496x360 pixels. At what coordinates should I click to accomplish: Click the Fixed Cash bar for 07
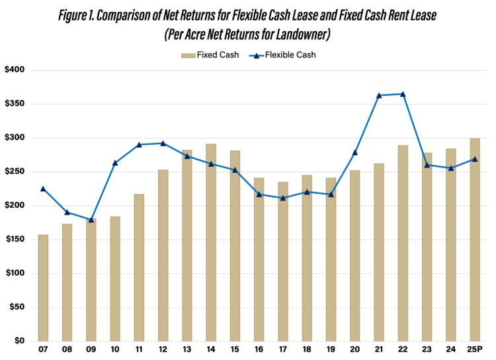pyautogui.click(x=43, y=288)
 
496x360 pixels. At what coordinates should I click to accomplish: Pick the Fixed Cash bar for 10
pyautogui.click(x=115, y=279)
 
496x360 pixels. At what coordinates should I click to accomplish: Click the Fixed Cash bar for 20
pyautogui.click(x=355, y=255)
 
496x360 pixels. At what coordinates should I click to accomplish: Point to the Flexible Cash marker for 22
pyautogui.click(x=403, y=94)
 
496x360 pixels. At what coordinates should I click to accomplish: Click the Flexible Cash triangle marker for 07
pyautogui.click(x=43, y=189)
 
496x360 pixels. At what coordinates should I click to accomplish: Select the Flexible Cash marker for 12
pyautogui.click(x=163, y=143)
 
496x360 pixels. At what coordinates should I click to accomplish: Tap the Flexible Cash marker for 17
pyautogui.click(x=283, y=198)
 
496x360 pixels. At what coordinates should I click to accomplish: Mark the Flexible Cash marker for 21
pyautogui.click(x=379, y=95)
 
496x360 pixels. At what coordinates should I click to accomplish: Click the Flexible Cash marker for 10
pyautogui.click(x=115, y=163)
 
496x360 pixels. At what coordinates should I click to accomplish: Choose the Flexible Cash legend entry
pyautogui.click(x=284, y=55)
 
